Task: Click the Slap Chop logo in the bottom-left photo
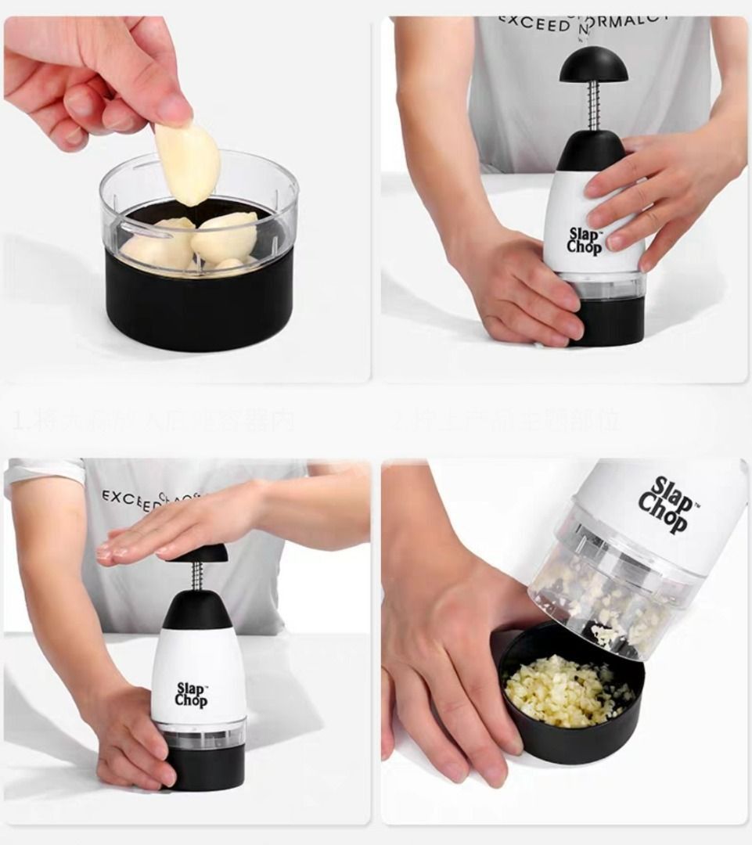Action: coord(191,694)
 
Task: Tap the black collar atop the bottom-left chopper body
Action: coord(196,609)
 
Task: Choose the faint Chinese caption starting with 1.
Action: coord(153,421)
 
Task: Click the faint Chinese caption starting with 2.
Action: coord(505,421)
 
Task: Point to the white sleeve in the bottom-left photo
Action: coord(43,474)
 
